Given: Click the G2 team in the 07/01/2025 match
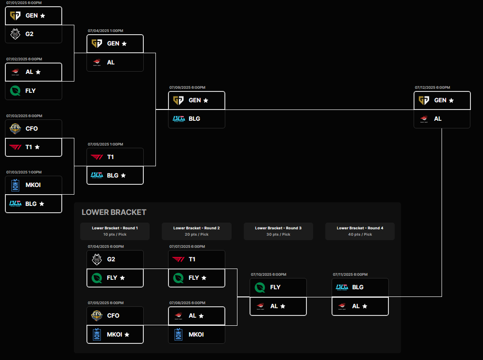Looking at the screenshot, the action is (34, 34).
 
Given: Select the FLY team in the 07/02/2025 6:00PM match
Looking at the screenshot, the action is (34, 91).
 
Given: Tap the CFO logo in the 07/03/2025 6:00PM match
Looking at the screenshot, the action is (15, 128).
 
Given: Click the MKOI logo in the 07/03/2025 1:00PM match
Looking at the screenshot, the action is (15, 185).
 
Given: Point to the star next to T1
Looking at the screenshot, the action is (37, 147).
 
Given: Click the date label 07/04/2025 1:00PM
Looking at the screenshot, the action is (105, 31).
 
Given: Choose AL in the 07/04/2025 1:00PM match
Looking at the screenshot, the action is (115, 62).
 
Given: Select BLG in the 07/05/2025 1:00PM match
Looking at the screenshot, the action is (115, 176).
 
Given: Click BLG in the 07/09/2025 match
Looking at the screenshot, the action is (196, 119).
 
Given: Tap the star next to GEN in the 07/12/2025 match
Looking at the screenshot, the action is (451, 100).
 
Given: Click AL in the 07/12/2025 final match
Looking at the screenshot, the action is (442, 119).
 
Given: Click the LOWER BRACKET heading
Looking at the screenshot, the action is (114, 212).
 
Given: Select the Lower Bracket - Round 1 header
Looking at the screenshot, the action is (115, 231).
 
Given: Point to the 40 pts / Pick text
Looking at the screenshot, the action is (360, 234).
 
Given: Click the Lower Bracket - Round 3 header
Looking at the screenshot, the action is (278, 231).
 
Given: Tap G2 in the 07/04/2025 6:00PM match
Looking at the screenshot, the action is (115, 259).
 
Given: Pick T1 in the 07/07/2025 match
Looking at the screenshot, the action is (196, 259).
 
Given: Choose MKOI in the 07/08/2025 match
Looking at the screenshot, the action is (196, 334).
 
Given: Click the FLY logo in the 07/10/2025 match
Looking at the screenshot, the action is (260, 287).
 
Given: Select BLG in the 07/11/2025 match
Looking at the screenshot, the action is (360, 287).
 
